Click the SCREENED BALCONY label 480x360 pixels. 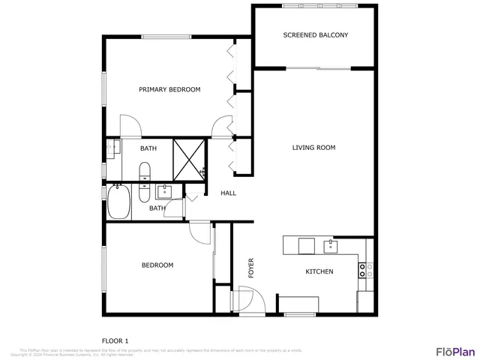tap(315, 35)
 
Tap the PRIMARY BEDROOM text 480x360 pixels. tap(169, 90)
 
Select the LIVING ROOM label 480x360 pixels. tap(313, 148)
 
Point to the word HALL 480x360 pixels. tap(228, 193)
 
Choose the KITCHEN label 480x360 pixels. tap(319, 271)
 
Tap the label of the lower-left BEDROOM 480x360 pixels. tap(157, 265)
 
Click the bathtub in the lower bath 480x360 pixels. tap(118, 202)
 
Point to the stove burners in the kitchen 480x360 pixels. tap(365, 270)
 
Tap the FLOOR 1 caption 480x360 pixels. tap(115, 340)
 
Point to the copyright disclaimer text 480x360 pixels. tap(160, 351)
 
